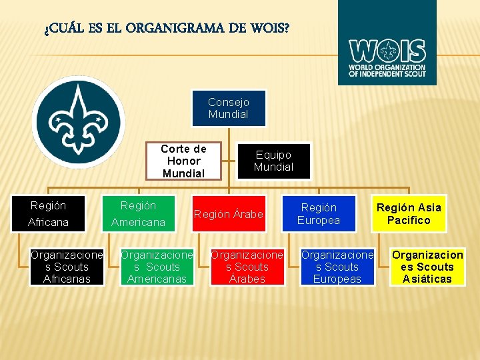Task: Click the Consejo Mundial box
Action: (x=228, y=108)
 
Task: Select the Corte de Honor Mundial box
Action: (x=183, y=161)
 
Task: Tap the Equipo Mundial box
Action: (x=273, y=161)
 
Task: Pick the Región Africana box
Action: (x=48, y=213)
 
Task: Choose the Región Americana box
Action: (x=138, y=213)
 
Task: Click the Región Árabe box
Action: (x=229, y=214)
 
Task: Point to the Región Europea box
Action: (x=319, y=214)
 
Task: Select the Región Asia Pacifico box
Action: (x=409, y=214)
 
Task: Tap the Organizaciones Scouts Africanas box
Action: (x=67, y=267)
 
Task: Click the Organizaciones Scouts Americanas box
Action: (x=157, y=267)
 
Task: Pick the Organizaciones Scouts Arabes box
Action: (x=247, y=267)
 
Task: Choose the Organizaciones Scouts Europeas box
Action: (x=337, y=267)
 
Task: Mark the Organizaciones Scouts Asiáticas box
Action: (x=427, y=267)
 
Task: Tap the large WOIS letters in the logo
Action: (x=387, y=51)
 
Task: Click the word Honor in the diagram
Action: (x=183, y=161)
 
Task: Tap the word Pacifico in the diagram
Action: (x=409, y=220)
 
